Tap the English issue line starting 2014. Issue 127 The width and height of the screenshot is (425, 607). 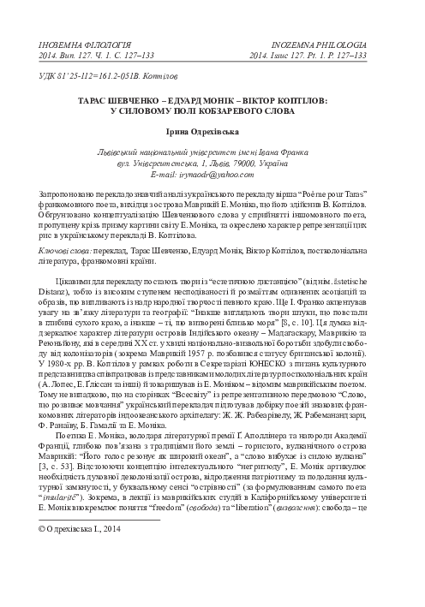[x=308, y=54]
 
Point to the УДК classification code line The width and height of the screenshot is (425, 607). [x=89, y=76]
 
